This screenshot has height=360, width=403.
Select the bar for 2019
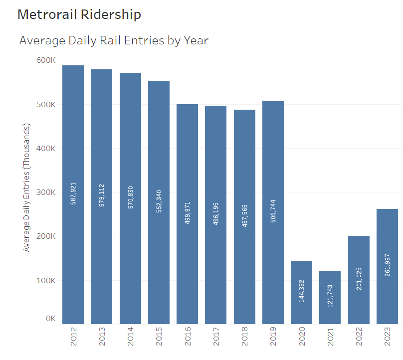(273, 150)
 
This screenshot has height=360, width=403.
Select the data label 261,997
(388, 264)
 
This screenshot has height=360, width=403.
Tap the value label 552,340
(159, 200)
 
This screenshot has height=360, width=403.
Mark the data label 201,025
(359, 279)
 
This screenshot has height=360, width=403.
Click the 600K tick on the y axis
(45, 60)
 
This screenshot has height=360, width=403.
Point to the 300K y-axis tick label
(45, 192)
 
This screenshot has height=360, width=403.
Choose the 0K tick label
(50, 319)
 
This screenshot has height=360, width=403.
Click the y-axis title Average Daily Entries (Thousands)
(27, 187)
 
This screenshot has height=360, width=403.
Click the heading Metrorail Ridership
(79, 14)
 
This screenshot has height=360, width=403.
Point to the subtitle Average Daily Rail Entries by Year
(114, 40)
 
